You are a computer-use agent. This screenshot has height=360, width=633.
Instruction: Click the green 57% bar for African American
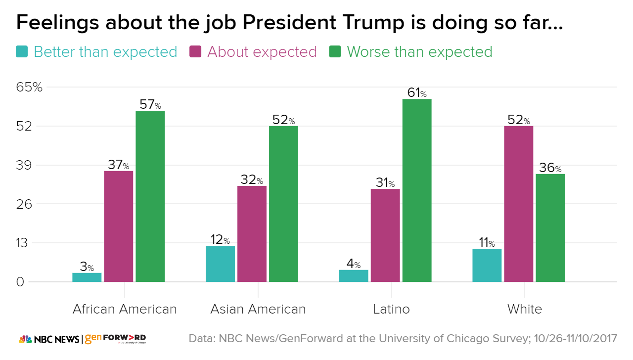click(x=150, y=196)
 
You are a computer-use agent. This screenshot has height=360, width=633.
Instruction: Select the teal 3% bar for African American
click(x=87, y=277)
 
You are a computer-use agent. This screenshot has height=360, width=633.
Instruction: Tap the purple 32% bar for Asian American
click(x=252, y=234)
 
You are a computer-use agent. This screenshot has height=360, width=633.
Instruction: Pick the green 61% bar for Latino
click(x=417, y=190)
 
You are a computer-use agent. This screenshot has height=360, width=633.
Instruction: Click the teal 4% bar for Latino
click(x=354, y=276)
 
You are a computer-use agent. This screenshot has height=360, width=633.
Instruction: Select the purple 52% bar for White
click(x=519, y=204)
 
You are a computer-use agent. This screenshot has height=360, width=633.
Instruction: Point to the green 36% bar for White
click(x=550, y=227)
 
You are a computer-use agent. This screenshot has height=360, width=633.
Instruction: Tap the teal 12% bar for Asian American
click(x=221, y=264)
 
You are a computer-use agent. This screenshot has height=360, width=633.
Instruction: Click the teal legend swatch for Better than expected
click(x=22, y=51)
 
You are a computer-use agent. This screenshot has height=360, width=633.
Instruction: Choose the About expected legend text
click(x=262, y=52)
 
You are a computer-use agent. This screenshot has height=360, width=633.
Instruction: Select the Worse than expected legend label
click(x=419, y=52)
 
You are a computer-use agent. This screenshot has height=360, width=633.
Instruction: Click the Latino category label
click(x=392, y=310)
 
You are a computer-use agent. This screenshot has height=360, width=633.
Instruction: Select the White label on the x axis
click(x=525, y=310)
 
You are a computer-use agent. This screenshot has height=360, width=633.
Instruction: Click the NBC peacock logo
click(x=25, y=339)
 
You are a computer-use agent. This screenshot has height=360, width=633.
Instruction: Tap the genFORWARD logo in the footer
click(x=115, y=339)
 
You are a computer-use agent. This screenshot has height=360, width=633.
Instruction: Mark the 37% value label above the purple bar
click(x=118, y=165)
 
